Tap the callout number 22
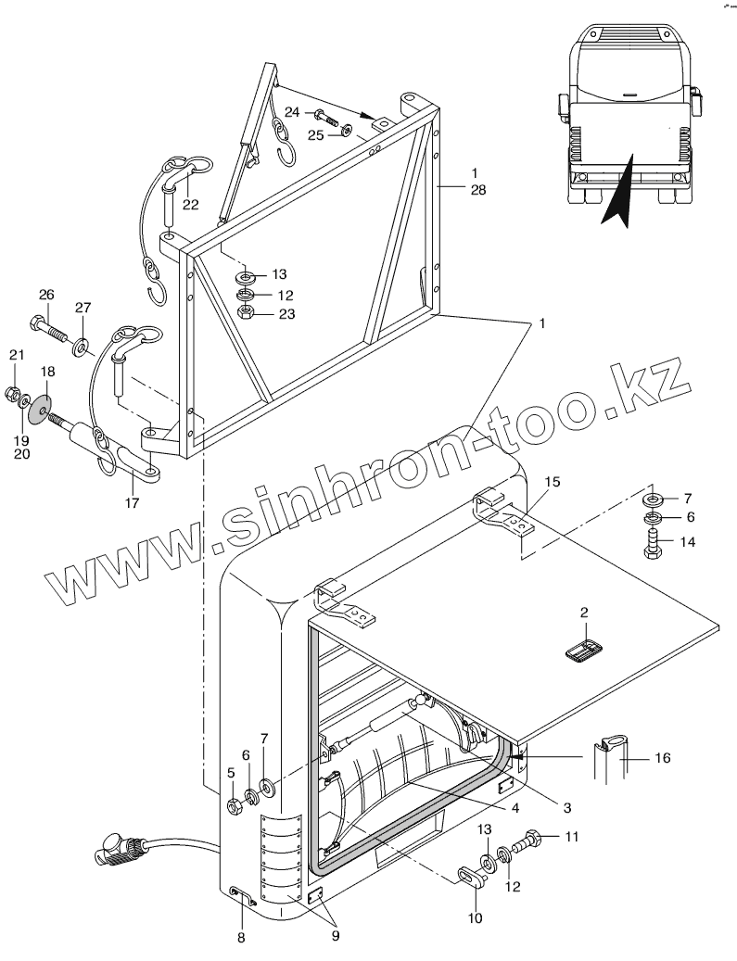190,205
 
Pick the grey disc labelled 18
40,407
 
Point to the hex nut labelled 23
246,313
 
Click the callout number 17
131,502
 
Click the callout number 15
552,481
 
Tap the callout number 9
336,935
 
